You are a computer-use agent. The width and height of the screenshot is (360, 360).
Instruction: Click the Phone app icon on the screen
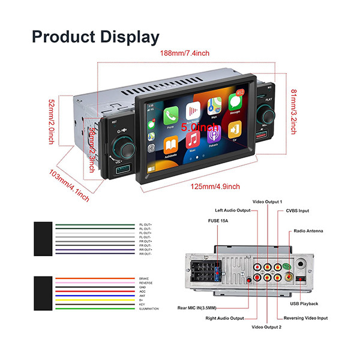[x=171, y=115]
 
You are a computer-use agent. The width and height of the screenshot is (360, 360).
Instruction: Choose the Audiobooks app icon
[x=170, y=145]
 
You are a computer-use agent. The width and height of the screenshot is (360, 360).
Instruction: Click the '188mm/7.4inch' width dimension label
[x=184, y=53]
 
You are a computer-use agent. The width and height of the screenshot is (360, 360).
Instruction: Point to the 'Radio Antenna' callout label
[x=308, y=230]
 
